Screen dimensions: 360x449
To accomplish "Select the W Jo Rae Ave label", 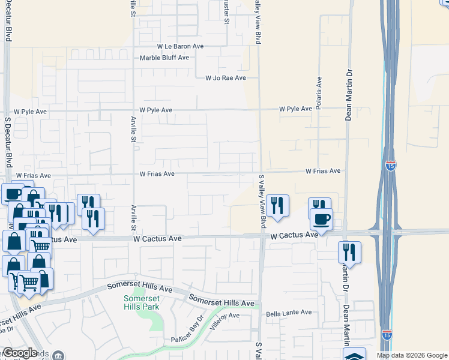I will point(226,78).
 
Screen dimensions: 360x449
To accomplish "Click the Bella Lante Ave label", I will point(289,313).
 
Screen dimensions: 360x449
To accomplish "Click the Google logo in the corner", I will point(19,353).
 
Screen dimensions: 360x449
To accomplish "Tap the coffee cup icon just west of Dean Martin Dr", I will point(321,220).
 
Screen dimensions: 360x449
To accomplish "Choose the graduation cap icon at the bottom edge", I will point(355,355).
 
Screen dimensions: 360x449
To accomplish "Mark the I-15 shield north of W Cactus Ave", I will point(391,164).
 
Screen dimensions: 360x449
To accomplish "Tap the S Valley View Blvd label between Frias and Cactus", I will point(262,201).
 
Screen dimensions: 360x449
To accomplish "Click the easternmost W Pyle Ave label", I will point(295,109).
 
